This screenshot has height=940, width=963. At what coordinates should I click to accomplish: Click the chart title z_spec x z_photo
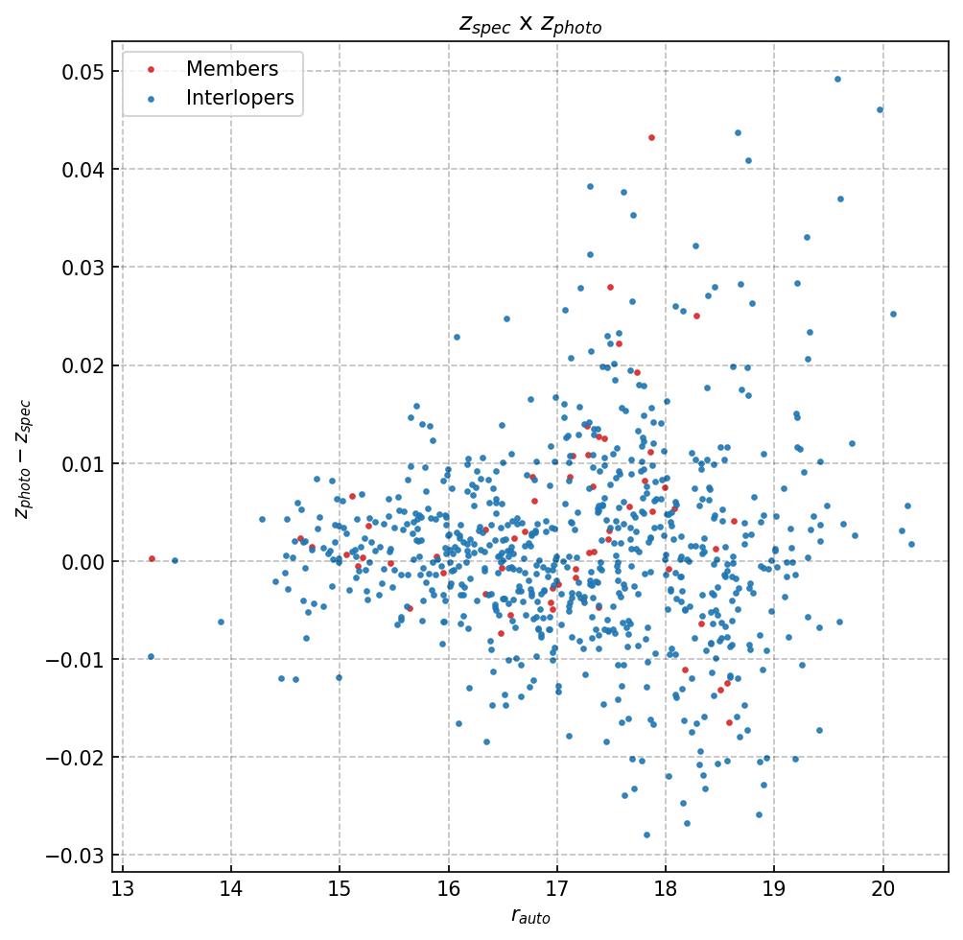click(x=530, y=25)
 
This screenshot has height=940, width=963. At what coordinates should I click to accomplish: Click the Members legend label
click(x=232, y=69)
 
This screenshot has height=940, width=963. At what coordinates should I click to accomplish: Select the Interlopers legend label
click(x=240, y=98)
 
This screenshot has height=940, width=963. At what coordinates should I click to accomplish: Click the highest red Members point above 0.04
click(x=651, y=137)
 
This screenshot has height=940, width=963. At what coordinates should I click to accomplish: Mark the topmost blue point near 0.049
click(x=837, y=79)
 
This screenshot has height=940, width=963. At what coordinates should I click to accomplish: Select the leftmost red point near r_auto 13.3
click(x=152, y=558)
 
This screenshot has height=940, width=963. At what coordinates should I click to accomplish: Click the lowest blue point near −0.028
click(x=646, y=834)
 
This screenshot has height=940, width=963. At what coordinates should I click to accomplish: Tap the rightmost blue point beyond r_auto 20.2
click(x=911, y=544)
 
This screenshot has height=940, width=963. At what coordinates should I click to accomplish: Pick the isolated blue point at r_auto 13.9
click(x=221, y=622)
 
